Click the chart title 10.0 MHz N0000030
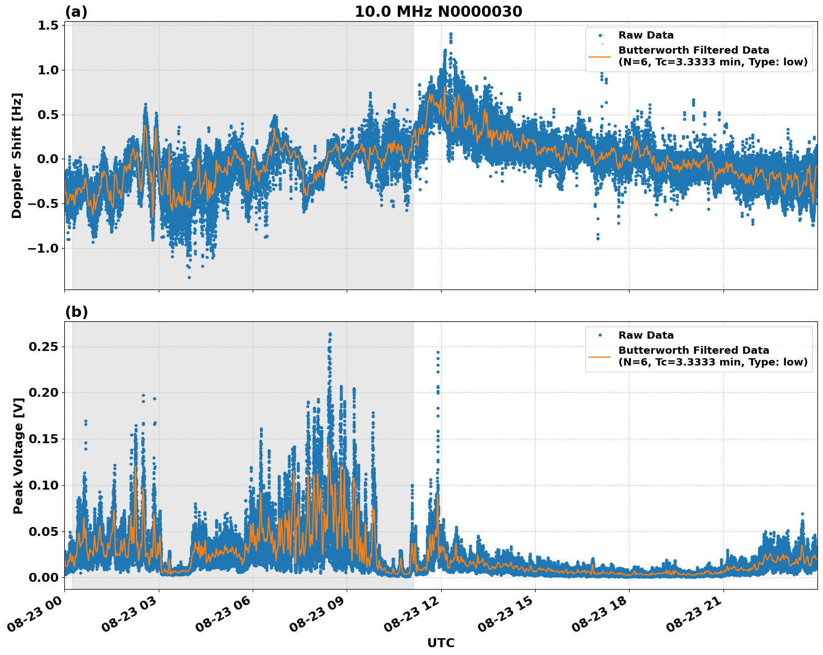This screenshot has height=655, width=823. (x=438, y=12)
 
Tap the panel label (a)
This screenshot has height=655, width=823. (x=76, y=12)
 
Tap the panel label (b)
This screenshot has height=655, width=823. (x=76, y=312)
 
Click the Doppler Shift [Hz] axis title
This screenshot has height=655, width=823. (x=17, y=155)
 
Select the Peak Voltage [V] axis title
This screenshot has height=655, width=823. (x=18, y=455)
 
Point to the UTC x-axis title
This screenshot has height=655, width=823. (x=441, y=643)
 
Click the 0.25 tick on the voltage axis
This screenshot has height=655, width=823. (x=44, y=347)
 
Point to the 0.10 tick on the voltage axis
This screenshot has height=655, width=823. (x=44, y=485)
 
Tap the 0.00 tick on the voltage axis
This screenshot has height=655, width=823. (x=44, y=577)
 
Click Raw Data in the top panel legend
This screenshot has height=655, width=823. (x=646, y=35)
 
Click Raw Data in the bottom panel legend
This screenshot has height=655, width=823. (x=646, y=335)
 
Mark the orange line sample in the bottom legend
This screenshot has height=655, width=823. (x=600, y=356)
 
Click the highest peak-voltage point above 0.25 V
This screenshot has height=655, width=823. (x=330, y=334)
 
